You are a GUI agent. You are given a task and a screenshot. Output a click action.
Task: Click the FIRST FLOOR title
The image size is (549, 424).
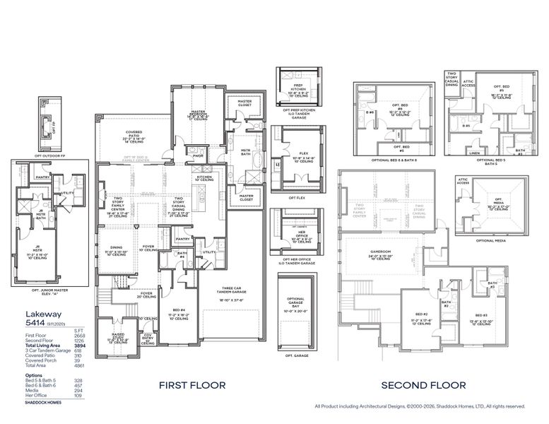[x=191, y=385]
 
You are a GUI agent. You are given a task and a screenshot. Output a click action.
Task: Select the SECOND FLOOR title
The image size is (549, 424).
[x=423, y=385]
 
